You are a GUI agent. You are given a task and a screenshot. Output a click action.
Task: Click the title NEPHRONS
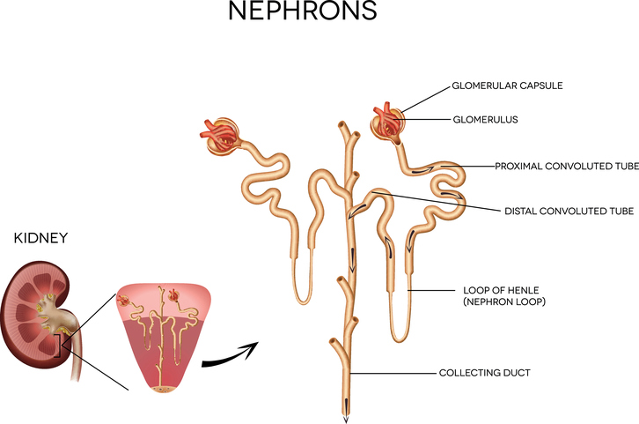coord(302,12)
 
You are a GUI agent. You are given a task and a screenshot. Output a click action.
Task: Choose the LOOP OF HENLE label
coord(495,289)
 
